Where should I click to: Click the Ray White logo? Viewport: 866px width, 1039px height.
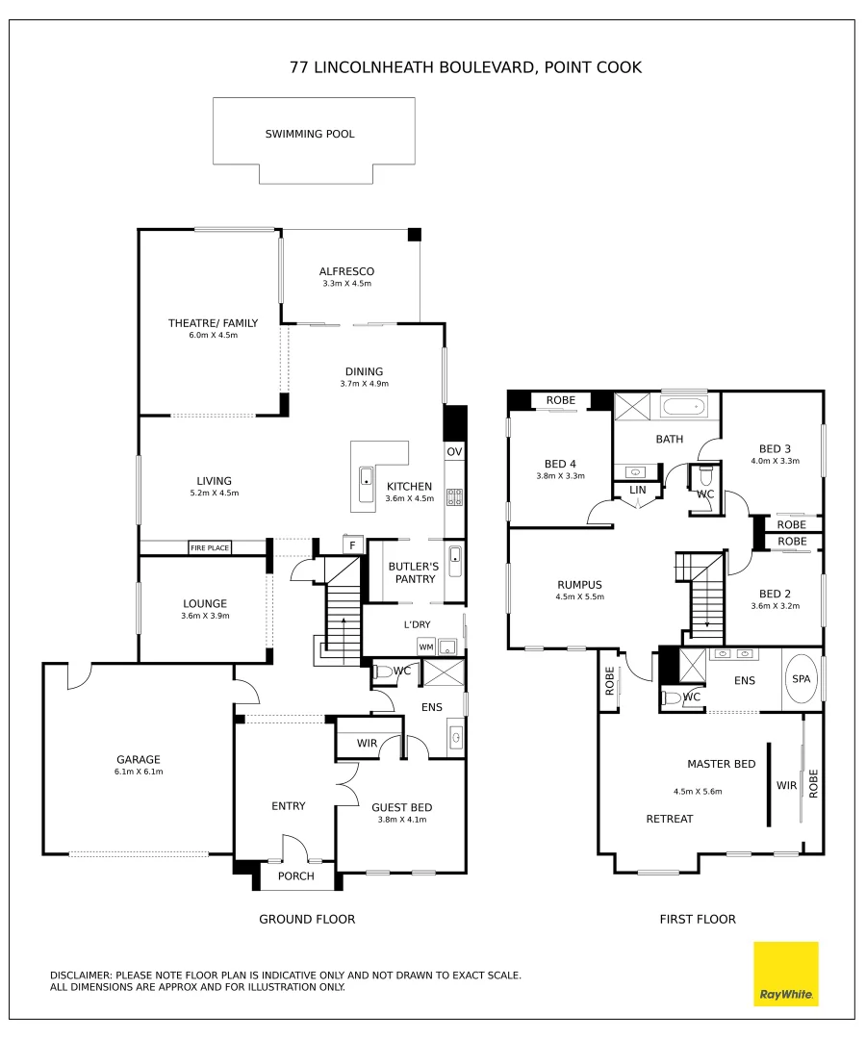coord(785,974)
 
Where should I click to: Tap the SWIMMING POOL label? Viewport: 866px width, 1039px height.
coord(310,134)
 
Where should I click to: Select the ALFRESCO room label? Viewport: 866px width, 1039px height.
coord(346,271)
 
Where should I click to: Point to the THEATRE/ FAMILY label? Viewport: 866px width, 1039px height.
coord(213,323)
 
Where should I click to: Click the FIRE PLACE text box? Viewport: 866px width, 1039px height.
coord(210,547)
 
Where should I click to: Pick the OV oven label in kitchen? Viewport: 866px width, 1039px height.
coord(454,452)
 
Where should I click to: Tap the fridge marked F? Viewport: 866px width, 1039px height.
coord(352,545)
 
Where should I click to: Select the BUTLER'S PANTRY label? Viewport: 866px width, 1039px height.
coord(413,572)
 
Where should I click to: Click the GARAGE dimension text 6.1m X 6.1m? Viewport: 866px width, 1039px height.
coord(140,773)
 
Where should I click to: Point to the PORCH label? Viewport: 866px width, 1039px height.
coord(295,876)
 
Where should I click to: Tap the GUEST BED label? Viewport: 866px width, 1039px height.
coord(401,807)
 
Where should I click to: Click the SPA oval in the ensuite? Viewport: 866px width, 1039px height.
coord(802,678)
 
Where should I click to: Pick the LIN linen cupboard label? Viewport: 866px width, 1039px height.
coord(637,490)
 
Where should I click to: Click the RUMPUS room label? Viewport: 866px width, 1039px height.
coord(579,584)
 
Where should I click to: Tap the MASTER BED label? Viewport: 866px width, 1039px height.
coord(721,764)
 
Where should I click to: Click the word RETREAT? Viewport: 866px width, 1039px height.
coord(669,819)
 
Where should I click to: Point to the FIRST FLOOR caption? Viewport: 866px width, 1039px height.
coord(697,919)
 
